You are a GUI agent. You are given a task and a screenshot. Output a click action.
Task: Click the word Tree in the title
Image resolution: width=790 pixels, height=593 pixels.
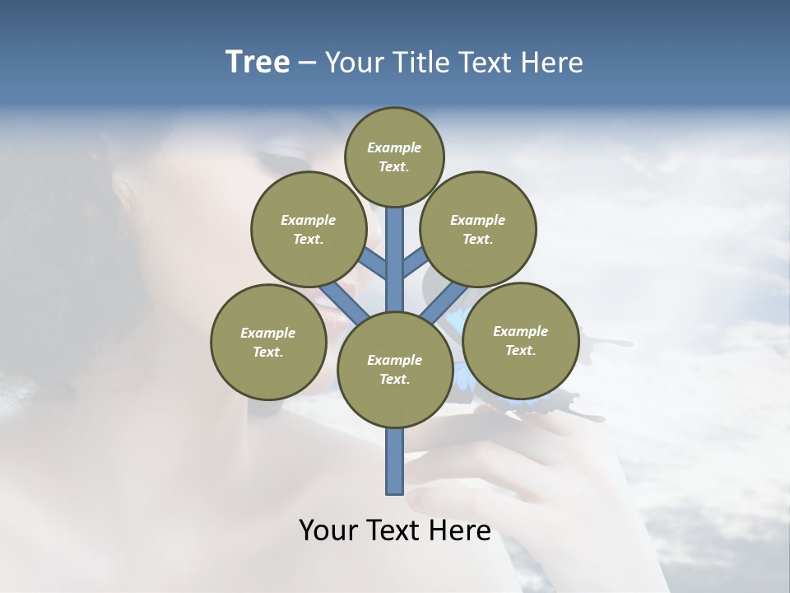click(258, 62)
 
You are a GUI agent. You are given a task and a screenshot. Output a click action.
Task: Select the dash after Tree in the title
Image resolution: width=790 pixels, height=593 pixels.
click(307, 63)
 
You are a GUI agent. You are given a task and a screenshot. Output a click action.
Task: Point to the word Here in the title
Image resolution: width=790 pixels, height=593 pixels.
click(551, 63)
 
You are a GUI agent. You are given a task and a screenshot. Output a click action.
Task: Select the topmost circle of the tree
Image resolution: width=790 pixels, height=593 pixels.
click(394, 156)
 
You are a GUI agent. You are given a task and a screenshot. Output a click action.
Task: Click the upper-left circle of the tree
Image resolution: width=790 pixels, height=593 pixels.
click(309, 229)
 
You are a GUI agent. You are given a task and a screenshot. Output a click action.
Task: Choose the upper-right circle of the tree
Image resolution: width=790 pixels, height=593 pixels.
click(478, 229)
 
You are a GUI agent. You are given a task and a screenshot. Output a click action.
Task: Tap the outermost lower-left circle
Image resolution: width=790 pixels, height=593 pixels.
click(268, 342)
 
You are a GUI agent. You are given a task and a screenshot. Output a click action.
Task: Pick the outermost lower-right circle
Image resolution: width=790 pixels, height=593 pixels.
click(520, 340)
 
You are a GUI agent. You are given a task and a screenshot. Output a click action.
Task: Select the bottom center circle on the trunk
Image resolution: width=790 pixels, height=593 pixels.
click(394, 369)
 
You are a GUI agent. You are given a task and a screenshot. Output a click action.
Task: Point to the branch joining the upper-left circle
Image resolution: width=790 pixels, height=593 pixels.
click(373, 263)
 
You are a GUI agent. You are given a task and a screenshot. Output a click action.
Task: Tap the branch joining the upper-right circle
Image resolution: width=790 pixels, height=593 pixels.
click(415, 262)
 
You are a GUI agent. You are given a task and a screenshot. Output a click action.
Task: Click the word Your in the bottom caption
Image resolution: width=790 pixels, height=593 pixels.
click(329, 530)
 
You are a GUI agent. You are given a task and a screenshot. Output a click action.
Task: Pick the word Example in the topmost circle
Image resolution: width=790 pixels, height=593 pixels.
click(394, 147)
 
